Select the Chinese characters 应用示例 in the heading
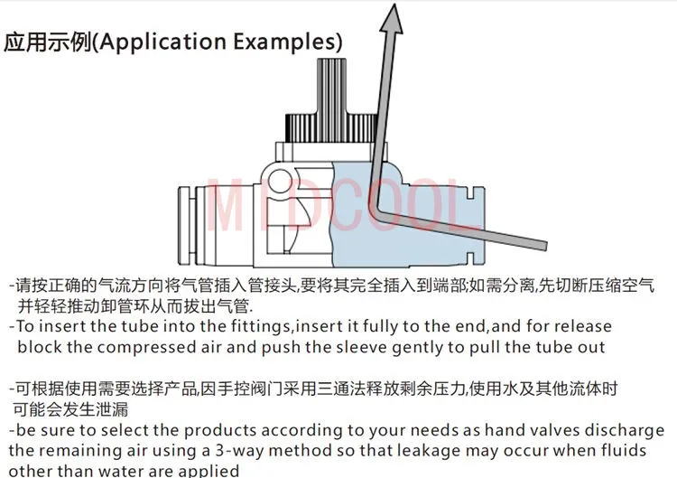49,42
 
